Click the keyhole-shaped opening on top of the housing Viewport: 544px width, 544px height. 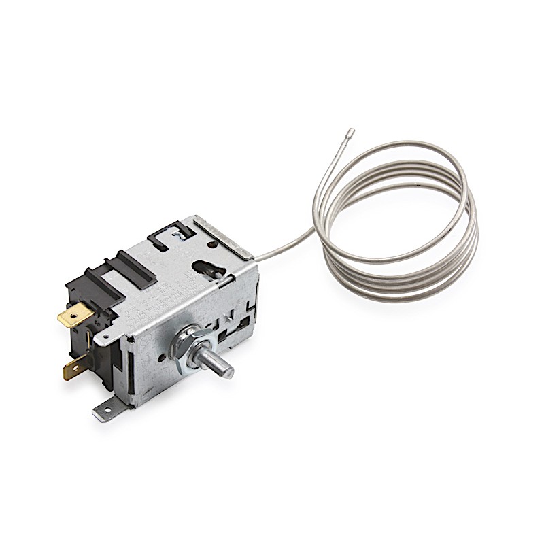(x=207, y=267)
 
